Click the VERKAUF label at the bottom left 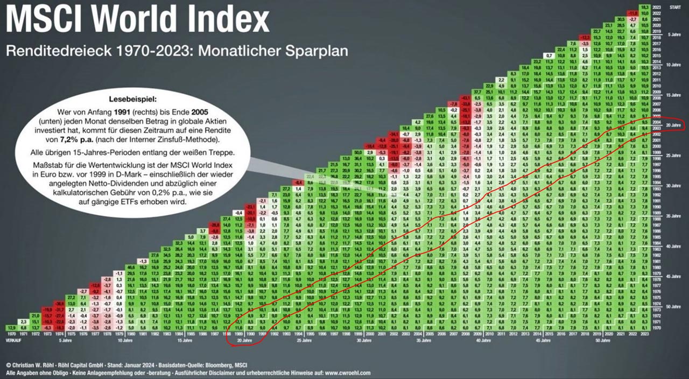click(13, 340)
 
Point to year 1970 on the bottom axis click(12, 334)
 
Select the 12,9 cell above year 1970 click(12, 327)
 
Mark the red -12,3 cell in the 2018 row click(585, 37)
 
